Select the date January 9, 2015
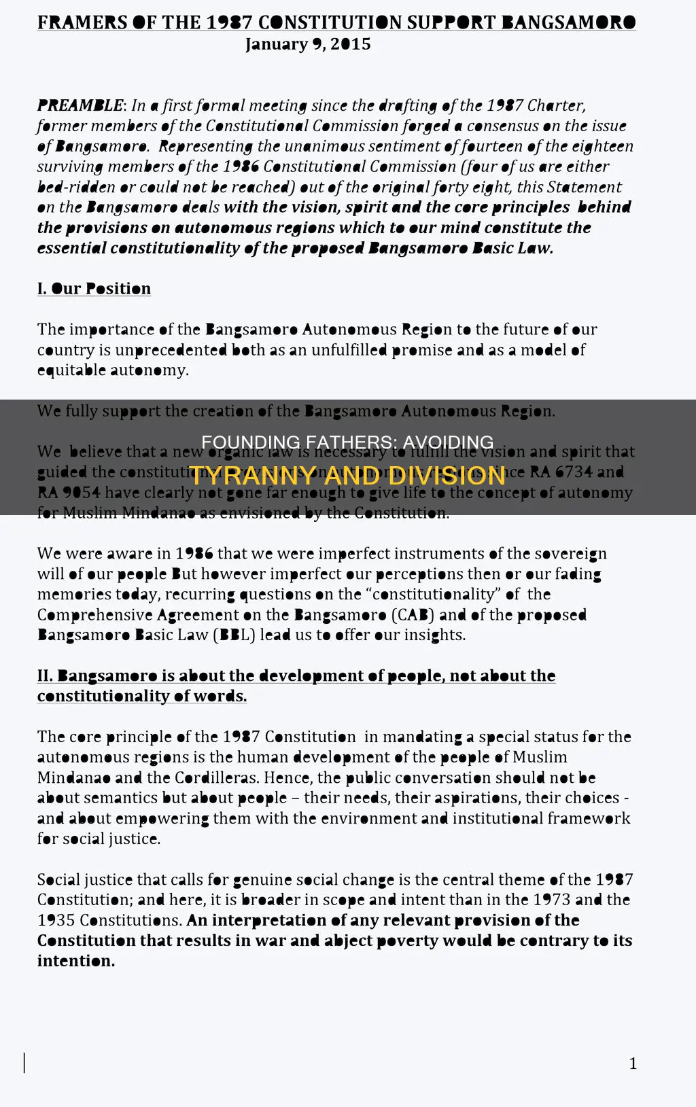(308, 44)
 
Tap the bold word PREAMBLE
(80, 105)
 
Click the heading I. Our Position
(94, 289)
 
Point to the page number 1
(633, 1064)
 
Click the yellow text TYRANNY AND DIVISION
(347, 475)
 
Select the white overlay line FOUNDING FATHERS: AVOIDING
(347, 442)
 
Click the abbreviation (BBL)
(234, 635)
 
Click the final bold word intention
(75, 961)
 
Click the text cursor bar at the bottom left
(25, 1062)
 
